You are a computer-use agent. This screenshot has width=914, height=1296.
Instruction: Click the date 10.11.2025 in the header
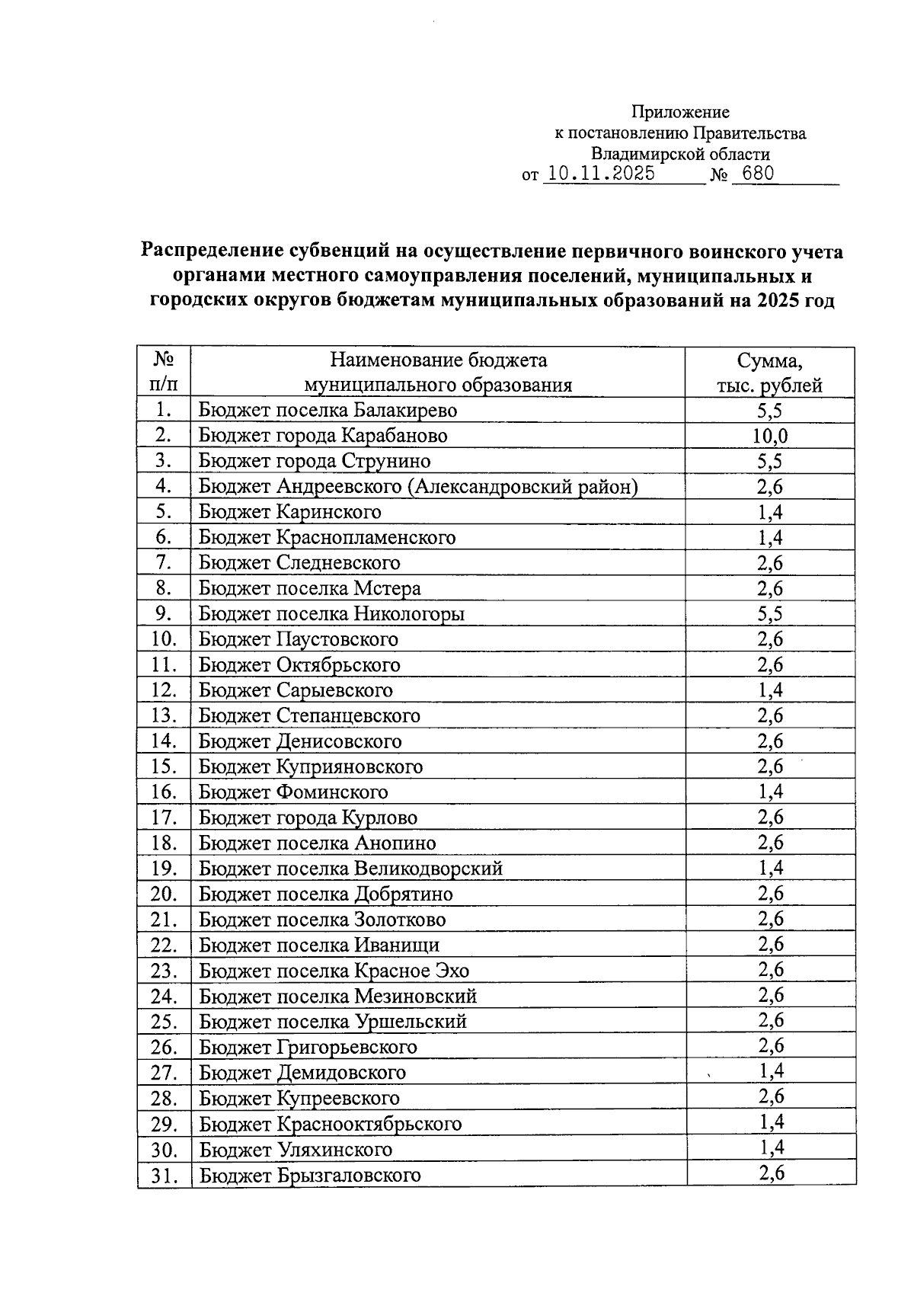(601, 174)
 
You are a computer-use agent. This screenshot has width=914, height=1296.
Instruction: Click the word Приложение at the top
(680, 113)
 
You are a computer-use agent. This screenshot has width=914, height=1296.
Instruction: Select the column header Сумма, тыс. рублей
(769, 373)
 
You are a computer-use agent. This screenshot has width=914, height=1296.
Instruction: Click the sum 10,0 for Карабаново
(770, 436)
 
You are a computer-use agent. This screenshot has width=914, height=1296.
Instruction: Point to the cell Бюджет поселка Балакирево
(328, 411)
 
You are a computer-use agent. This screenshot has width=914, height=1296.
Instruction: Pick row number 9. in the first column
(164, 613)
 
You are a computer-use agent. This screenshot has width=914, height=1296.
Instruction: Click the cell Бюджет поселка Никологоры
(331, 613)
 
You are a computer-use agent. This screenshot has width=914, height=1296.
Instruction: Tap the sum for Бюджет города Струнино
(770, 461)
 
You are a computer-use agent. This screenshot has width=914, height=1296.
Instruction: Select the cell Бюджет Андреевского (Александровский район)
(418, 487)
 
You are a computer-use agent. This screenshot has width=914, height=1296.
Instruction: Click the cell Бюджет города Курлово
(308, 818)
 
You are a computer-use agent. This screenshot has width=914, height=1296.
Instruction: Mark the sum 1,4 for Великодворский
(771, 868)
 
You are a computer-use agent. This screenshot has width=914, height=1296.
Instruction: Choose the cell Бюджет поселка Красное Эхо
(334, 971)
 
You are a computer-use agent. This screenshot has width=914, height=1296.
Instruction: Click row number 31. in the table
(164, 1176)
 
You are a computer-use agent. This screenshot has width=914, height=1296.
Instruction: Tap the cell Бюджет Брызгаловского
(310, 1175)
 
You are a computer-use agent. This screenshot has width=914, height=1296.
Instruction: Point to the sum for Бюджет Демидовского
(771, 1071)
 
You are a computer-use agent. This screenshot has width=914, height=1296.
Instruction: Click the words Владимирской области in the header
(680, 154)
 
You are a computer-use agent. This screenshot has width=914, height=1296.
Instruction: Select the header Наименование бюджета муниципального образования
(438, 373)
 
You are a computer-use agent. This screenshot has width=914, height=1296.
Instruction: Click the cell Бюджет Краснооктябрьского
(331, 1124)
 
